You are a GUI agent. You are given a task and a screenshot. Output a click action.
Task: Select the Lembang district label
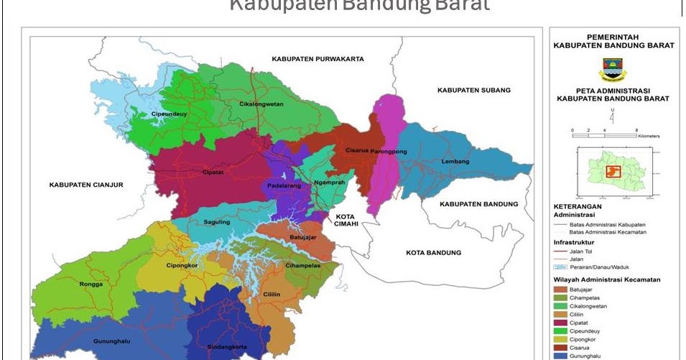455,161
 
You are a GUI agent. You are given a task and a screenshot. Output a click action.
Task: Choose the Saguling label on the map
216,222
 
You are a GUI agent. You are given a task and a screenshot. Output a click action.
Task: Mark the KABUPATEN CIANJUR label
87,185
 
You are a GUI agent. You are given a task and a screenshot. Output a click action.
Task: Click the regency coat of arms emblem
613,70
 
